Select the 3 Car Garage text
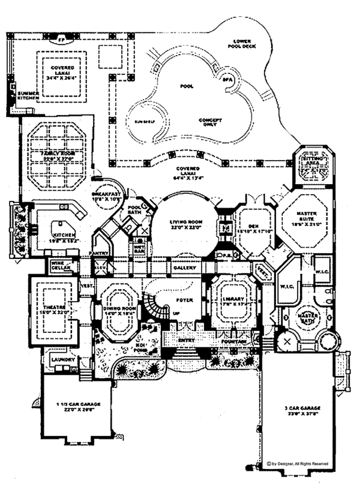coord(298,407)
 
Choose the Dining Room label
coord(118,307)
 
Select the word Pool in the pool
coord(187,86)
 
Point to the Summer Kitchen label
coord(28,97)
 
